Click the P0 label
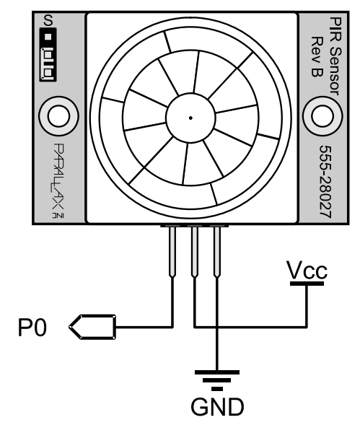[x=32, y=328]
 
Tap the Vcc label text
[x=307, y=270]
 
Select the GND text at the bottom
[x=217, y=406]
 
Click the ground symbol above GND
[x=217, y=380]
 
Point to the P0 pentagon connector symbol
[x=93, y=327]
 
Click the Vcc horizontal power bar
[x=307, y=284]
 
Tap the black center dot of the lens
[x=190, y=118]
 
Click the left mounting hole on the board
[x=58, y=116]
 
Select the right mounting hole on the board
[x=322, y=116]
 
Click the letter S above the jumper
[x=48, y=21]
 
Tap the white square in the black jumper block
[x=48, y=37]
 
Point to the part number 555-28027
[x=325, y=182]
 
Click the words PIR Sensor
[x=335, y=56]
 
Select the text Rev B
[x=317, y=56]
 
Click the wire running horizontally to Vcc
[x=251, y=327]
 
